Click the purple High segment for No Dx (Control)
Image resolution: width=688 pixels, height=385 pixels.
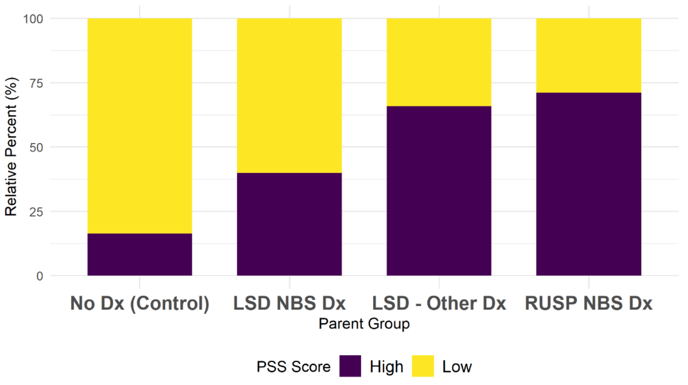(x=140, y=254)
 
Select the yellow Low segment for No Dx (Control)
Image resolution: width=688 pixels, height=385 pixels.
(x=140, y=126)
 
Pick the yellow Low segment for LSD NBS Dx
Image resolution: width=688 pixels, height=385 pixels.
(x=289, y=96)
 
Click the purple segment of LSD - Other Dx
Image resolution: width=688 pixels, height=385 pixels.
(x=439, y=191)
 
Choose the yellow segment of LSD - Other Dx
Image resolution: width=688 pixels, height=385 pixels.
(x=439, y=62)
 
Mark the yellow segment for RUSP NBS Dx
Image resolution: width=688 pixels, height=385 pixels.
(x=589, y=55)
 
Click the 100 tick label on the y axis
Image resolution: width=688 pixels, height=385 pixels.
(x=33, y=19)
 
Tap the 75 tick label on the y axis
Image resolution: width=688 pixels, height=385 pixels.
(x=36, y=83)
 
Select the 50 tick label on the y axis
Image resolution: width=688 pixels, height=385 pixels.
(x=36, y=148)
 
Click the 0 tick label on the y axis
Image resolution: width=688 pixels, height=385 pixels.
(x=39, y=276)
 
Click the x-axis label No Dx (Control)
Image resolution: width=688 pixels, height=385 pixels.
(x=140, y=303)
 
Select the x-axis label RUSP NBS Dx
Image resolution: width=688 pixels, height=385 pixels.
(x=589, y=303)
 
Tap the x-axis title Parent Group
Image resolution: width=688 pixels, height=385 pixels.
(x=364, y=324)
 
